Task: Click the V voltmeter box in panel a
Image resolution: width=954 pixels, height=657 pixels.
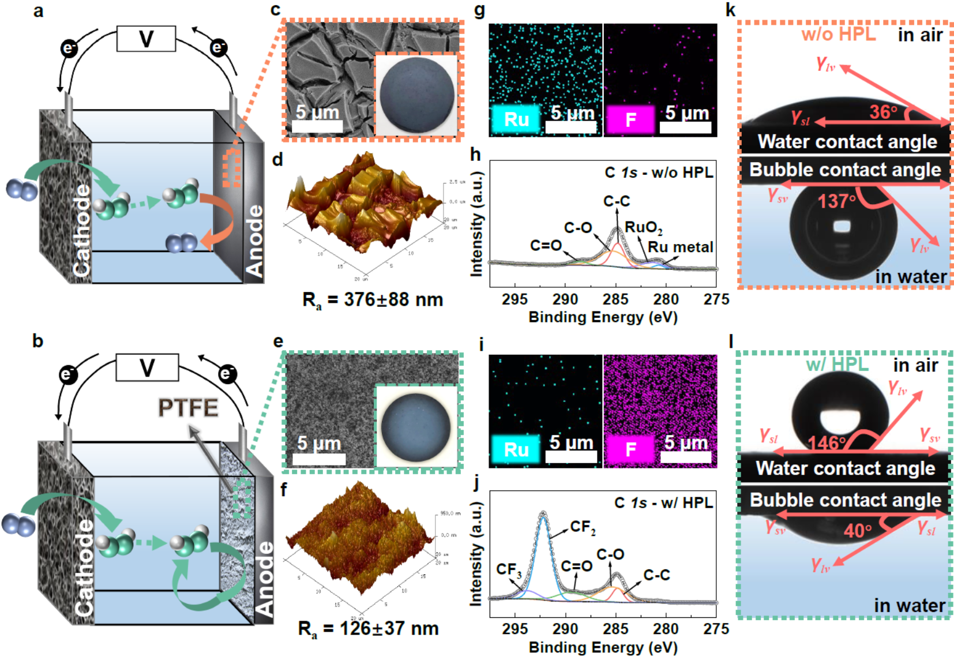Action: click(146, 39)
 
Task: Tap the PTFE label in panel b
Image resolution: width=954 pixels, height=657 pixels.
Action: click(188, 408)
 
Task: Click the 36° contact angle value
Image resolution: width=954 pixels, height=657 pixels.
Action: click(883, 111)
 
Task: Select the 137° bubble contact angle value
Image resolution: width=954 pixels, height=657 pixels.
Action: click(836, 201)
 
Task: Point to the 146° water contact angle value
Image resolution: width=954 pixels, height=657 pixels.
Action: click(827, 442)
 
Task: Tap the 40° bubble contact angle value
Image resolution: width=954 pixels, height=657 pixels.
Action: click(858, 531)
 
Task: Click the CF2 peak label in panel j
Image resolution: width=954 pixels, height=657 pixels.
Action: click(583, 527)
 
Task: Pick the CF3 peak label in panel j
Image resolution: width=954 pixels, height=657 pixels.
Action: click(509, 570)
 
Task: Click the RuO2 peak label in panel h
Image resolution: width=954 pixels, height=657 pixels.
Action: click(643, 227)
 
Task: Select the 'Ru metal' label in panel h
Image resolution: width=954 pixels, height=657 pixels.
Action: click(680, 247)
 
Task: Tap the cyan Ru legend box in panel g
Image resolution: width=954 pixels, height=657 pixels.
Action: click(516, 119)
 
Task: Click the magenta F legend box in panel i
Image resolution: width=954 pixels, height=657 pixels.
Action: click(630, 449)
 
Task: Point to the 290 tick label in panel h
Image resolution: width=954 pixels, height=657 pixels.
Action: click(565, 299)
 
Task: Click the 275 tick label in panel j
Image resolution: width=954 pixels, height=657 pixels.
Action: click(716, 629)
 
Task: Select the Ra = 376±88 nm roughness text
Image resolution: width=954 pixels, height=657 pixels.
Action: click(373, 300)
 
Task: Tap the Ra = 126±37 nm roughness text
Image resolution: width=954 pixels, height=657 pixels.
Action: click(369, 628)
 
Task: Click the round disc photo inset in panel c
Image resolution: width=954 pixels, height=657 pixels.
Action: click(416, 95)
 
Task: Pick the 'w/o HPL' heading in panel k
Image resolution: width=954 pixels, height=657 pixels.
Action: click(838, 34)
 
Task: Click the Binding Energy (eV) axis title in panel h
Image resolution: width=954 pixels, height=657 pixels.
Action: click(603, 317)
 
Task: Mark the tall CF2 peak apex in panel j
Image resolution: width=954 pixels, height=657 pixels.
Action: click(543, 513)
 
